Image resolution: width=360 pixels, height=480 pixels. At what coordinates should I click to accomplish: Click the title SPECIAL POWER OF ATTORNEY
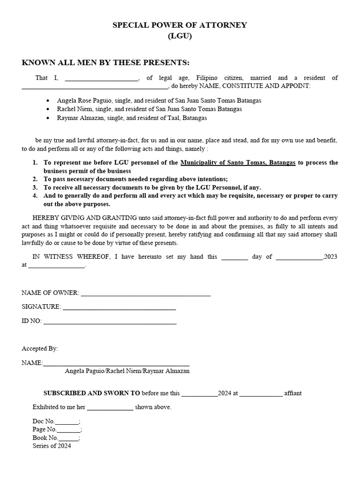click(x=180, y=25)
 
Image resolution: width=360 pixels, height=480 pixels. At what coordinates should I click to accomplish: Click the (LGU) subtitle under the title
click(x=180, y=36)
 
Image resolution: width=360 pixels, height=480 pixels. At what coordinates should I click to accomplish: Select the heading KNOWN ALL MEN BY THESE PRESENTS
click(x=105, y=63)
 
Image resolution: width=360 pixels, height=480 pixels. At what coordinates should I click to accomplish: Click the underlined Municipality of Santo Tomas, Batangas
click(x=238, y=163)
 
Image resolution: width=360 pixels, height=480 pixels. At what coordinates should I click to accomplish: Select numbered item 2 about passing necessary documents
click(x=135, y=179)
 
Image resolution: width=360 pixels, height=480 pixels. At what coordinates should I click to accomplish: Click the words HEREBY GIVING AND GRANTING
click(x=85, y=217)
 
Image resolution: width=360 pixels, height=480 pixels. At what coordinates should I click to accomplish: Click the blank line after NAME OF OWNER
click(x=146, y=294)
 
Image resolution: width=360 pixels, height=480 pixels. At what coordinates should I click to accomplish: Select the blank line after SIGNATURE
click(x=119, y=308)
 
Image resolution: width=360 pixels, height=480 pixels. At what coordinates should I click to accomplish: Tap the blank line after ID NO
click(x=110, y=322)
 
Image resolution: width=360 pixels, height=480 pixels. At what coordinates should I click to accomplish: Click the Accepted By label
click(x=40, y=348)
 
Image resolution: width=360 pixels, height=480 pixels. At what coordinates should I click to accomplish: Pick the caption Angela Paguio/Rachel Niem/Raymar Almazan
click(x=127, y=371)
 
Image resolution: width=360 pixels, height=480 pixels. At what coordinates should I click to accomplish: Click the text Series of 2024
click(x=52, y=446)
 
